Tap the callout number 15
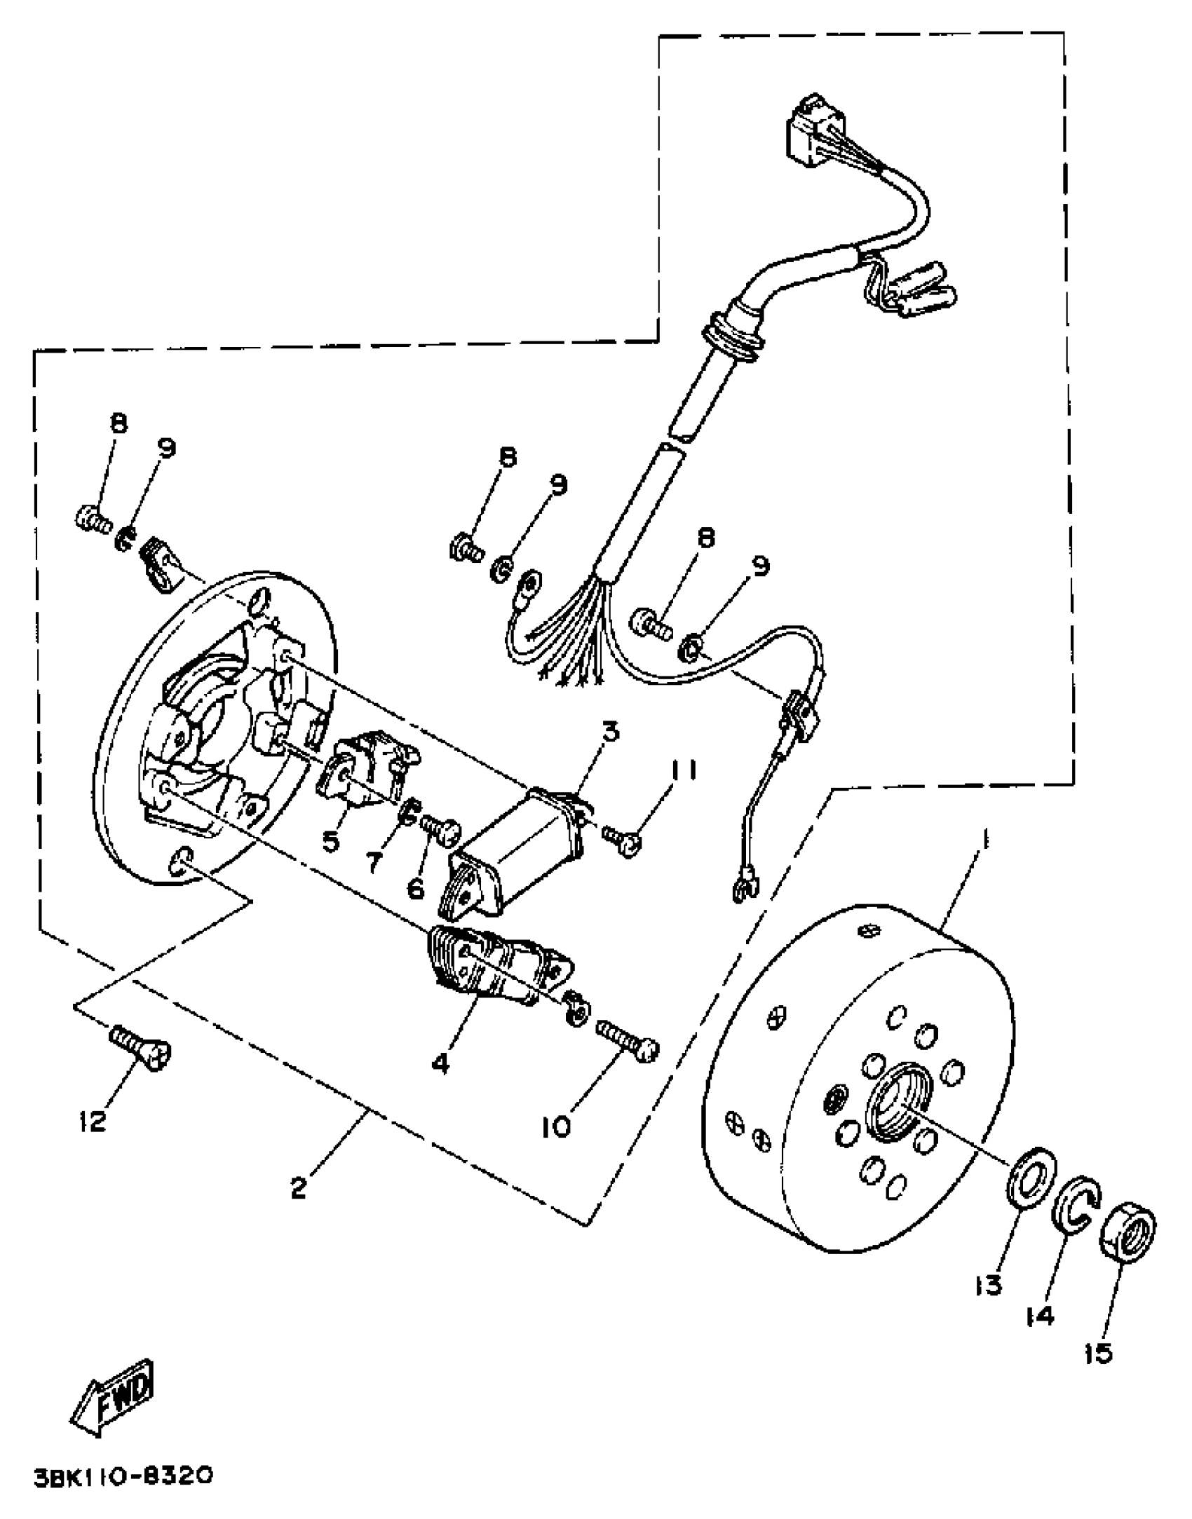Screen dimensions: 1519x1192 point(1098,1354)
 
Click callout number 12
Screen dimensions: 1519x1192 point(92,1122)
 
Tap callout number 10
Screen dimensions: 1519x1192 point(556,1126)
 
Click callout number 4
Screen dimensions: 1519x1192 point(440,1063)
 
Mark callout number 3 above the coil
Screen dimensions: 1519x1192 point(611,732)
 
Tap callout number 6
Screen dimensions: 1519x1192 point(415,889)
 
